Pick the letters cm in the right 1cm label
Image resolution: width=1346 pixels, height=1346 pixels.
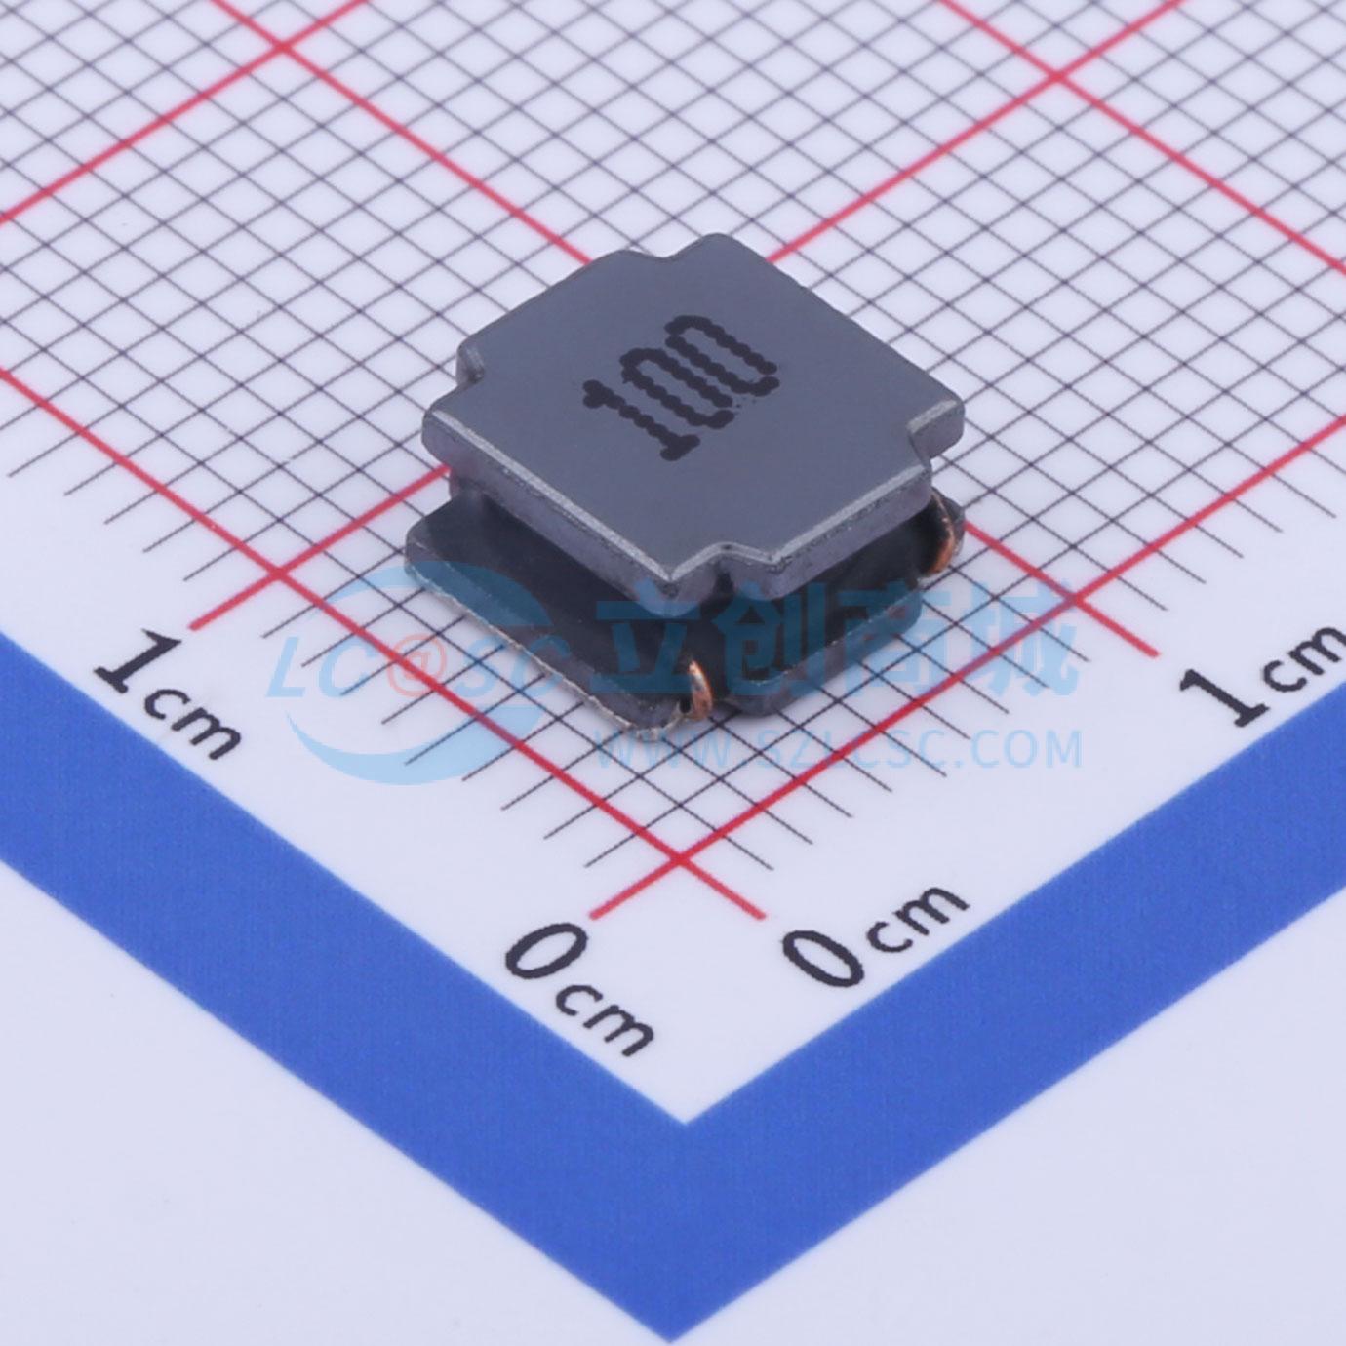pyautogui.click(x=1305, y=655)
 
